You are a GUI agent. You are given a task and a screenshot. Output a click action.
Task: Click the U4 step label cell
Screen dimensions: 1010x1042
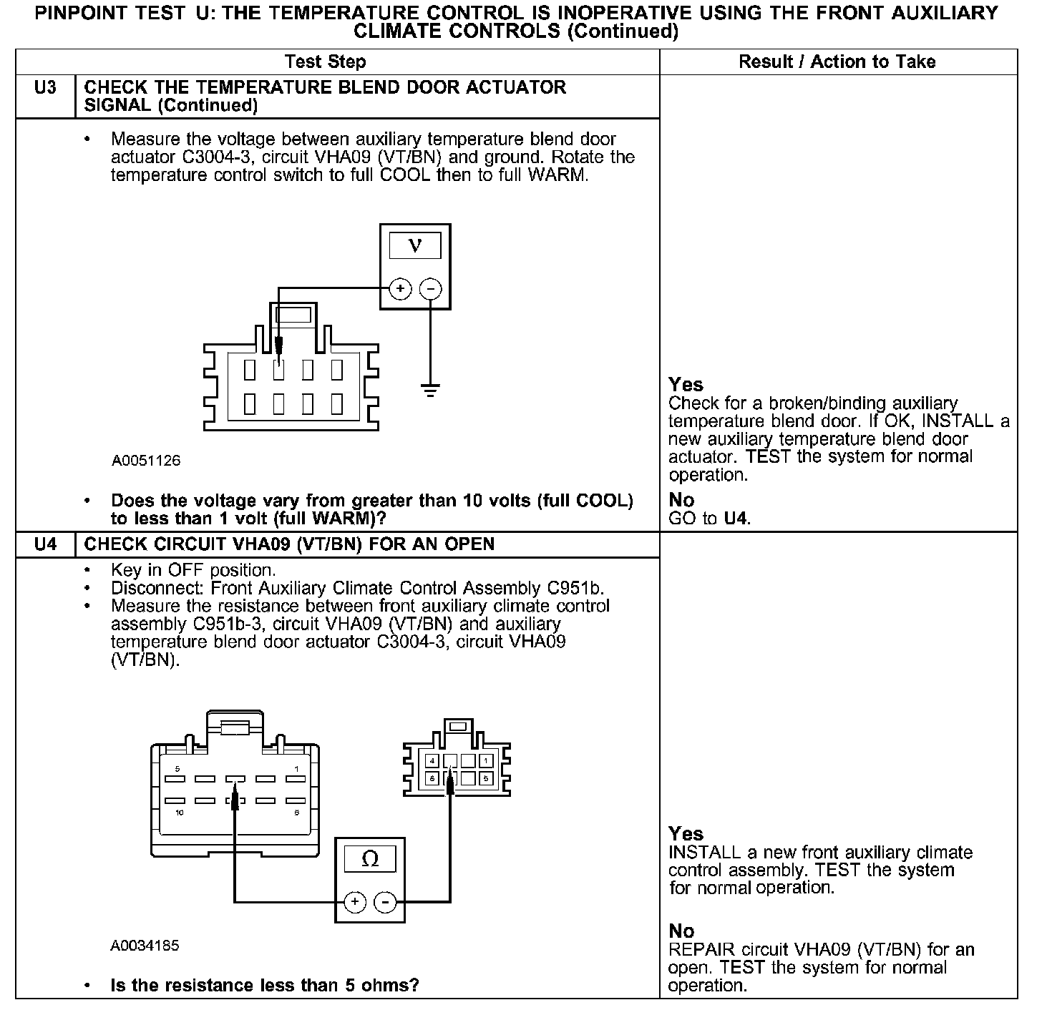point(44,544)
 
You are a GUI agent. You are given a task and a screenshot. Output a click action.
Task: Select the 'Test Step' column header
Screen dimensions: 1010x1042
point(325,62)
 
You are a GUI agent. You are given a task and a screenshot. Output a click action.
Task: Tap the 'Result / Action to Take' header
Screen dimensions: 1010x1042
point(837,62)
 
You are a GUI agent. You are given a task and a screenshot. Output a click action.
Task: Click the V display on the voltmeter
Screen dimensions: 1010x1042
point(414,246)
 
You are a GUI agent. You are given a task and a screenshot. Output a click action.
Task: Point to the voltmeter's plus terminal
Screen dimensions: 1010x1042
point(400,289)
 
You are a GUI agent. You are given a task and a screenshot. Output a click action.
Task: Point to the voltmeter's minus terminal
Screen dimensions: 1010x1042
point(429,289)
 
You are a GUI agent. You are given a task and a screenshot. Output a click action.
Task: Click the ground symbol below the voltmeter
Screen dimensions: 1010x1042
point(429,391)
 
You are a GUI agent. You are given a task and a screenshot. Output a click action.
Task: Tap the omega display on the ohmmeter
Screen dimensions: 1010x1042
point(370,859)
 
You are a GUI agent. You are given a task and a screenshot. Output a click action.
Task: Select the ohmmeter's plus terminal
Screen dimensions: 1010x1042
point(355,902)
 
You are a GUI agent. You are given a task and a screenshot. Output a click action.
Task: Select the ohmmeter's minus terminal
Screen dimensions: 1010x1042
point(386,902)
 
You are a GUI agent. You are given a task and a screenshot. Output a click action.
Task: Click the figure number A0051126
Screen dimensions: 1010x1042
point(146,461)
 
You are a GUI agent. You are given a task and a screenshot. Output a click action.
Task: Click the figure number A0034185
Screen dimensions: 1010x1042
point(145,946)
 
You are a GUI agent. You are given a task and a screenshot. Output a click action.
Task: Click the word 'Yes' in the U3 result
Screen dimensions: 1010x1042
point(686,384)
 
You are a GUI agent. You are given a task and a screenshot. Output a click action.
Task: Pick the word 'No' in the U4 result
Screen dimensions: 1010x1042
point(681,931)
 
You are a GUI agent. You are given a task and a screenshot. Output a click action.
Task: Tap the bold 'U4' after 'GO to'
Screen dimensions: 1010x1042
point(736,518)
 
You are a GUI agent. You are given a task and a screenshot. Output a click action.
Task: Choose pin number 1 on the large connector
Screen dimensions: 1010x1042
point(296,768)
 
